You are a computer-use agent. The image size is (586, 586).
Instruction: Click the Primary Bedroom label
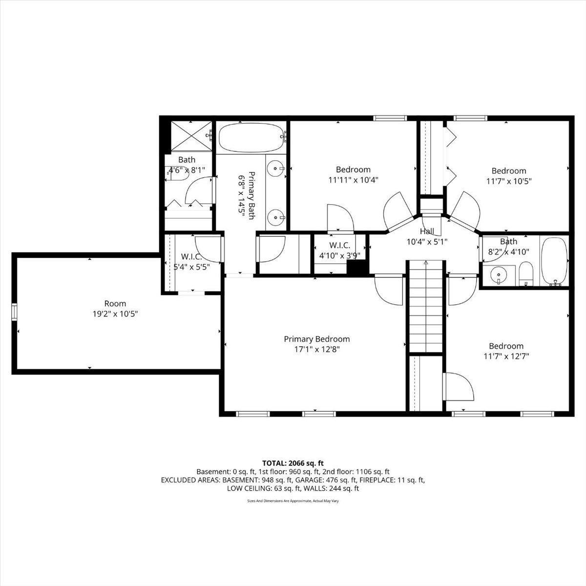pos(316,339)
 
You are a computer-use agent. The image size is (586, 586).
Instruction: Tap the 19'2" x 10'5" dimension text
pos(115,314)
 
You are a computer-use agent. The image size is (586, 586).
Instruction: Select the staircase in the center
pos(426,307)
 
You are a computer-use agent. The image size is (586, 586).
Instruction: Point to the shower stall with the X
pos(191,136)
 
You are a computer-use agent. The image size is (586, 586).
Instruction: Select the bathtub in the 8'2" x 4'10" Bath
pos(554,262)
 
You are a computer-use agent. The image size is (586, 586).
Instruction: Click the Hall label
pos(427,231)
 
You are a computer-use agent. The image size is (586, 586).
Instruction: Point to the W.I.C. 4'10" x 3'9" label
pos(340,251)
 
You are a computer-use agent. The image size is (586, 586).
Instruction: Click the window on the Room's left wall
pos(14,312)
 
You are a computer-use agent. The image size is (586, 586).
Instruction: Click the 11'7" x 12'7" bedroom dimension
pos(506,356)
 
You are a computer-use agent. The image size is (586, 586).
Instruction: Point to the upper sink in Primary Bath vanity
pos(276,168)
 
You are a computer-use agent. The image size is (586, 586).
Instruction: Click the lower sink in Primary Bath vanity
pos(276,217)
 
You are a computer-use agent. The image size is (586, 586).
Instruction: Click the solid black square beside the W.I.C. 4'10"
pos(358,269)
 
